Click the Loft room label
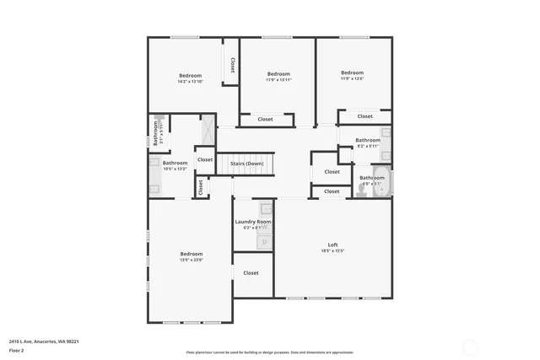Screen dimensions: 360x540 tap(332, 245)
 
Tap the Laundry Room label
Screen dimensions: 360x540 tap(251, 222)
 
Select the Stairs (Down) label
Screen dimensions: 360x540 tap(247, 163)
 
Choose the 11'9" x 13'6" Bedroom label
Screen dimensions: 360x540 tap(352, 73)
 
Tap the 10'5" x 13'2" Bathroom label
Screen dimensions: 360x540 tap(175, 163)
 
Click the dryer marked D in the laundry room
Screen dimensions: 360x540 tap(265, 242)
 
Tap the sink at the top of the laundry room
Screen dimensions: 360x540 tap(265, 208)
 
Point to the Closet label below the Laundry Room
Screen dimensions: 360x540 tap(251, 273)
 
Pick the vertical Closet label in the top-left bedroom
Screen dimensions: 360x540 tap(233, 66)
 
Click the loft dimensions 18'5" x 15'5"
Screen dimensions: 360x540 tap(332, 251)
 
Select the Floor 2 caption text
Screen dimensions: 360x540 tap(17, 349)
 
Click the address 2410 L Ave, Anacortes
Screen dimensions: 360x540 tap(44, 341)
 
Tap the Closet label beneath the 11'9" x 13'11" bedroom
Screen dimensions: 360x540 tap(265, 119)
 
